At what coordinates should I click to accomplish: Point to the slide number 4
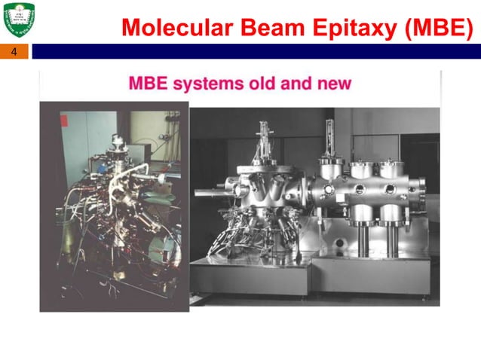coord(14,52)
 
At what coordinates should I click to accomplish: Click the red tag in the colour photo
coord(64,119)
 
